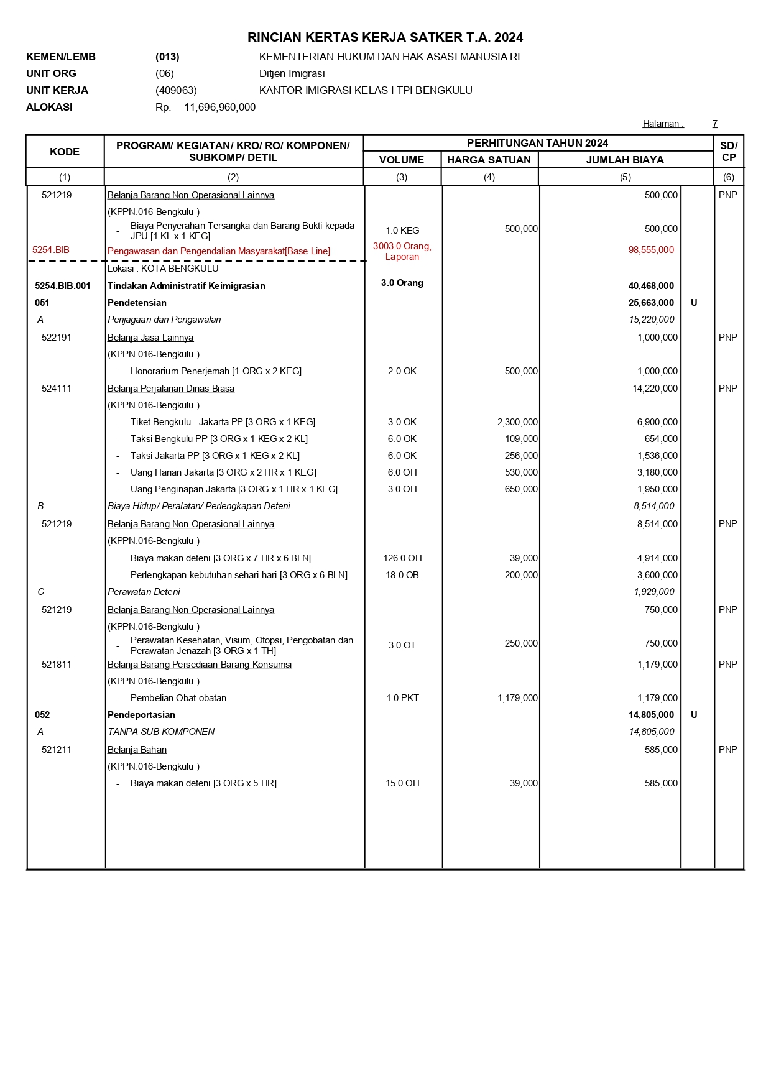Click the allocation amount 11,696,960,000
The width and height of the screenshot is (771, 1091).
point(219,107)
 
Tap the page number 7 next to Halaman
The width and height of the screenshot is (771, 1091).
point(715,124)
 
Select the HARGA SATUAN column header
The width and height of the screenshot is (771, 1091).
point(489,160)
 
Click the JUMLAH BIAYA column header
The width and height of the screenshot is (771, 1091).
point(625,160)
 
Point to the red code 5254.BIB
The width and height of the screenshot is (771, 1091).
point(51,250)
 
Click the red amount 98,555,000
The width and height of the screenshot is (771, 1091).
point(651,250)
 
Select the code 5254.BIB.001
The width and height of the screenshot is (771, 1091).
point(63,286)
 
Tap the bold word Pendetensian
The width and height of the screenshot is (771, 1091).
point(137,303)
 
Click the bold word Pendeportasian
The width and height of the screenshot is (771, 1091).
point(141,715)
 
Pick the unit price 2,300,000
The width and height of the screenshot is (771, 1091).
point(517,422)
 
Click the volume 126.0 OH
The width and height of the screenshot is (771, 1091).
point(402,558)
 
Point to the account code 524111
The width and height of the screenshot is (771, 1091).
point(57,389)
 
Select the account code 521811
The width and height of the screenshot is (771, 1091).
point(57,665)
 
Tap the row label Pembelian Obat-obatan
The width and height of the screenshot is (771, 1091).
point(178,698)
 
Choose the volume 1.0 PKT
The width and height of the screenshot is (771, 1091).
point(402,698)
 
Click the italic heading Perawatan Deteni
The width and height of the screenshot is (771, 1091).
point(144,592)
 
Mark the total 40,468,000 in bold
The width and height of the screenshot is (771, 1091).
point(651,286)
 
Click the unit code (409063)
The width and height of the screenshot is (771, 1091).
point(176,90)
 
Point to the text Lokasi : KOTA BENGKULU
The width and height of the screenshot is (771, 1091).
point(163,269)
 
